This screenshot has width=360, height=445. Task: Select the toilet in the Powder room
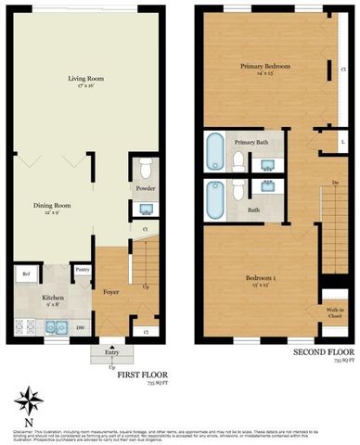[x=144, y=171]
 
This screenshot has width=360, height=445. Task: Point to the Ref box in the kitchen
[x=25, y=274]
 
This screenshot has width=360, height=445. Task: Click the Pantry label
[x=82, y=271]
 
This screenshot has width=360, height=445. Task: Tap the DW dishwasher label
[x=82, y=327]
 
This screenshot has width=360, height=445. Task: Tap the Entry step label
[x=112, y=353]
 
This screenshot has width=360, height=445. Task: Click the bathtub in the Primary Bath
[x=214, y=151]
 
